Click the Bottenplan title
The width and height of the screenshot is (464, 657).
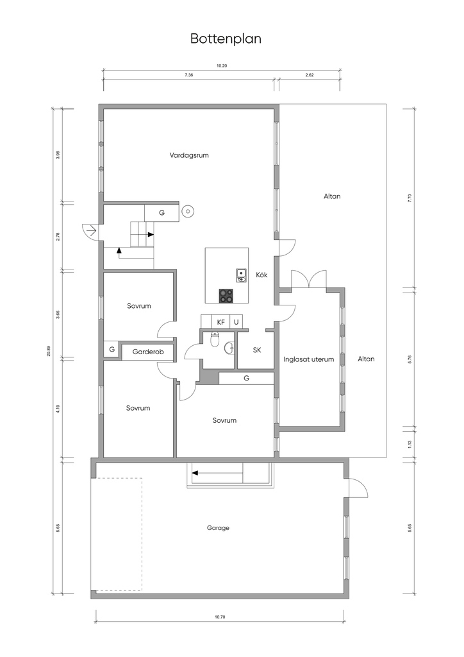[x=226, y=38]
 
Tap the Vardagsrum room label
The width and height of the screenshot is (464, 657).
[x=189, y=155]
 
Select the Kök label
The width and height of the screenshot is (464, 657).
[x=262, y=275]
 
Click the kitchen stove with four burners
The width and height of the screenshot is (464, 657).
[x=227, y=296]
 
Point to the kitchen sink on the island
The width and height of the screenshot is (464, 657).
[x=242, y=275]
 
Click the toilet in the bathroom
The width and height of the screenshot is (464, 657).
[x=215, y=339]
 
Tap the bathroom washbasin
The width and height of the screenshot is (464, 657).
[x=229, y=348]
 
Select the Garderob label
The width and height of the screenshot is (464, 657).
[x=147, y=352]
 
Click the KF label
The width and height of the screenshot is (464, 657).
[x=221, y=322]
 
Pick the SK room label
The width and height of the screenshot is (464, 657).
[x=257, y=350]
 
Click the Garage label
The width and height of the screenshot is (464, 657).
[x=218, y=528]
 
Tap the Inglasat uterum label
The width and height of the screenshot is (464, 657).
[x=309, y=359]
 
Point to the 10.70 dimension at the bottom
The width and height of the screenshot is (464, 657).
[x=220, y=617]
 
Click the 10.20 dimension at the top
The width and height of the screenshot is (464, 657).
[x=222, y=65]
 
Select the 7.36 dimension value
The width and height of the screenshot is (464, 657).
[x=188, y=75]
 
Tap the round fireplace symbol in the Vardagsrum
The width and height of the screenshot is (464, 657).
[x=187, y=212]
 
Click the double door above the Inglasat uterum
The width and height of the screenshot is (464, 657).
[x=309, y=278]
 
